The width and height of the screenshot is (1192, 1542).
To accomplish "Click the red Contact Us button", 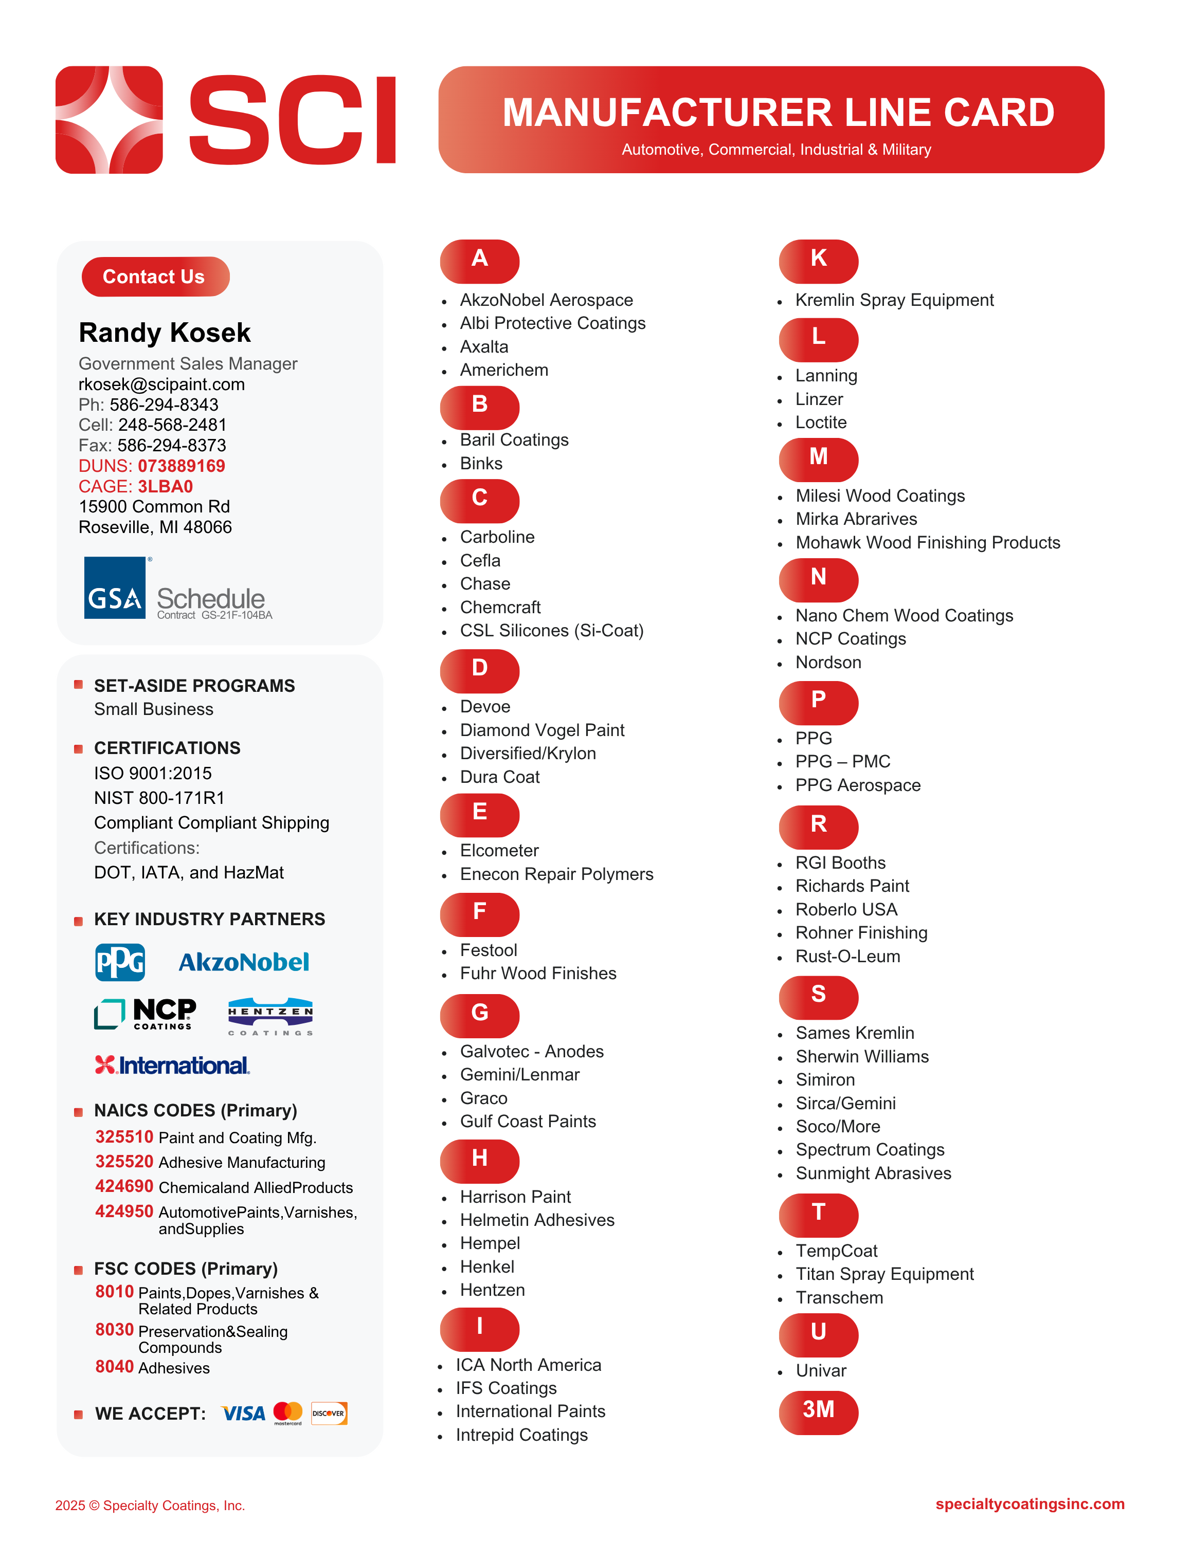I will click(155, 277).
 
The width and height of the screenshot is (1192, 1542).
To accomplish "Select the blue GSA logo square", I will click(114, 588).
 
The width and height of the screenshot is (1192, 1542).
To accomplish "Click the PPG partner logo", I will click(120, 962).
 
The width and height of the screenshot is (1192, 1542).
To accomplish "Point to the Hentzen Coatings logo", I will click(270, 1017).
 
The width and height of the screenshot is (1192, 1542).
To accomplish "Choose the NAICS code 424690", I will click(124, 1187).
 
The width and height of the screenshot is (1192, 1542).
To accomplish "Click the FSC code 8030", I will click(114, 1330).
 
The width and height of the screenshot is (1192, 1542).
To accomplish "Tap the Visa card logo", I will click(243, 1413).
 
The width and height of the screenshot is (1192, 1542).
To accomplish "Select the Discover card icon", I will click(329, 1413).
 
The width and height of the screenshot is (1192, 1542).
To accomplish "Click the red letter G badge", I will click(479, 1014).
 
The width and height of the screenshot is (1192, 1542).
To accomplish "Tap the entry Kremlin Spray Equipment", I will click(894, 300).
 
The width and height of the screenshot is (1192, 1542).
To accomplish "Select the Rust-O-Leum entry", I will click(847, 957).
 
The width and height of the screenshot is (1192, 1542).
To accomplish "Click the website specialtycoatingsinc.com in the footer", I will click(1030, 1504).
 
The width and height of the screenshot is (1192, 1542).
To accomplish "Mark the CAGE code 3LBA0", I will click(165, 486).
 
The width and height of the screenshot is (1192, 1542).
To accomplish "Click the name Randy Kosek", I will click(165, 333).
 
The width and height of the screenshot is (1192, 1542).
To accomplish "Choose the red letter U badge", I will click(819, 1332).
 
